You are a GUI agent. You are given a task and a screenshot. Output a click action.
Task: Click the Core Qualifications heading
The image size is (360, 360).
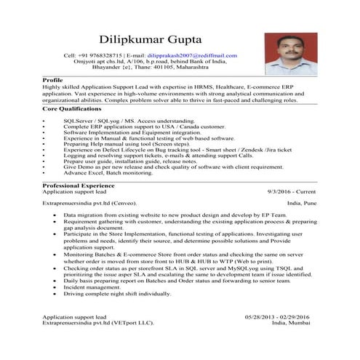tap(71, 107)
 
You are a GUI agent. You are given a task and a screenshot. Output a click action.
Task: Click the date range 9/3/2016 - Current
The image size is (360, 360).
tap(288, 192)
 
